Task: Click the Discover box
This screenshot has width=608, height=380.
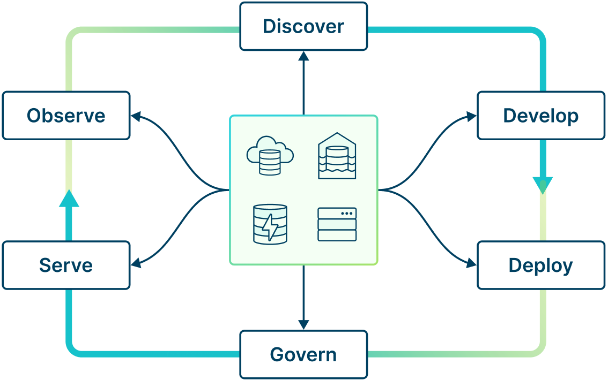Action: [x=303, y=26]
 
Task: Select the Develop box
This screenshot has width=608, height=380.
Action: [x=540, y=116]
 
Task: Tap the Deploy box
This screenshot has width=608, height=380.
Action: [x=540, y=265]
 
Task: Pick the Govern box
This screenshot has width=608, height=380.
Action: [x=303, y=354]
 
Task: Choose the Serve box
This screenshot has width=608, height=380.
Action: [x=66, y=265]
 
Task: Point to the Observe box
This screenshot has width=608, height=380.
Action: [x=66, y=116]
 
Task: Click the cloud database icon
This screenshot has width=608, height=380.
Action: [x=270, y=156]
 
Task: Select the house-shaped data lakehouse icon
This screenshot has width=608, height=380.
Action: [x=337, y=156]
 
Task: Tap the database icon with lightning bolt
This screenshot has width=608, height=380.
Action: [x=270, y=224]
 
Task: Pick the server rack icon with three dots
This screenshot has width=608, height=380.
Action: [x=337, y=224]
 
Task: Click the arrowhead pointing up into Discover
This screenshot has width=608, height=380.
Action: [x=303, y=56]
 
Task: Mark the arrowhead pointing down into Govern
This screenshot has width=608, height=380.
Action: [x=303, y=325]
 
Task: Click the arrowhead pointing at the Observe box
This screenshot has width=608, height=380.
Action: [x=136, y=116]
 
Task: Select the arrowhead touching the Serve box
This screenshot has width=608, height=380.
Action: [x=136, y=263]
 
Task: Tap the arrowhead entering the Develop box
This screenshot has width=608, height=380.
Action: [x=472, y=116]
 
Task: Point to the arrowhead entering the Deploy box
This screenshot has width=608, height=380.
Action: [x=472, y=263]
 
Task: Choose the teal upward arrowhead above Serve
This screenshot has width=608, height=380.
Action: [x=69, y=199]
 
